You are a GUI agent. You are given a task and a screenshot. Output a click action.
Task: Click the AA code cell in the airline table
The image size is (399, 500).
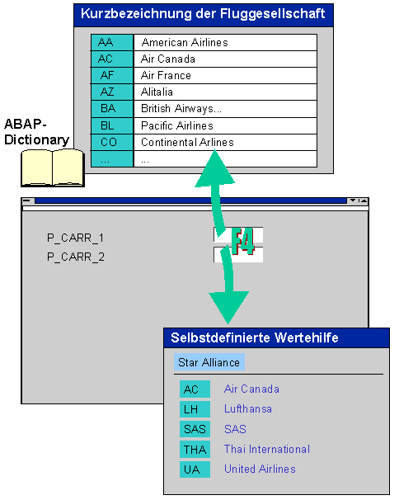click(x=112, y=42)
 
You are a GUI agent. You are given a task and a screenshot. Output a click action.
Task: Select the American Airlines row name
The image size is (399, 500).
click(x=185, y=42)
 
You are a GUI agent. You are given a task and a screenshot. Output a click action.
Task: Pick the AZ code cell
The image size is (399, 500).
click(x=112, y=92)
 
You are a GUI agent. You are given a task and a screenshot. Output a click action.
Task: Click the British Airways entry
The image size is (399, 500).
click(x=181, y=109)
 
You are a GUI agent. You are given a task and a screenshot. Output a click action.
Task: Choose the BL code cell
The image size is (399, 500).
click(x=112, y=125)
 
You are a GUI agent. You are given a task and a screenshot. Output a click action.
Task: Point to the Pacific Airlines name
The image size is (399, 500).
click(x=177, y=125)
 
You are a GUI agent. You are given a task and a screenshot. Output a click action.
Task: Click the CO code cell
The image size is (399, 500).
click(x=112, y=142)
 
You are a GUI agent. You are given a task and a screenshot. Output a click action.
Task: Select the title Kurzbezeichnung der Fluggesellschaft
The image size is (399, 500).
click(x=203, y=14)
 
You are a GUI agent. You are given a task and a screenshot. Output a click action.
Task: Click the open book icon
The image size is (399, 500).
click(x=53, y=167)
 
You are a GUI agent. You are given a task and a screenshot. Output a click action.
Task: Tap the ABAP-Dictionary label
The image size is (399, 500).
click(x=36, y=132)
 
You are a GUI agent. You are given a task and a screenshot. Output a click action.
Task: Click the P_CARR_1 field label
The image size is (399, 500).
click(x=76, y=238)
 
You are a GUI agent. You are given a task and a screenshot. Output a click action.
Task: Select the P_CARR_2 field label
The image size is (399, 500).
click(x=76, y=257)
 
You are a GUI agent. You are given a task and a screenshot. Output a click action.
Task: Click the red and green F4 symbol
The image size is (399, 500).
click(x=242, y=241)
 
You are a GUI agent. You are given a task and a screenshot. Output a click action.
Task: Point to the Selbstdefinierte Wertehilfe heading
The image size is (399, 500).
click(x=254, y=337)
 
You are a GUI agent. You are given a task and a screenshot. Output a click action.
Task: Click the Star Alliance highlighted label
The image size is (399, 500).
click(x=209, y=362)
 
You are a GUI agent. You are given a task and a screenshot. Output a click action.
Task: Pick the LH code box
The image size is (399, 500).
click(x=195, y=409)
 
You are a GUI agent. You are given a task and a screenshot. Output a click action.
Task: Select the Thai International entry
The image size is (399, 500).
click(x=267, y=450)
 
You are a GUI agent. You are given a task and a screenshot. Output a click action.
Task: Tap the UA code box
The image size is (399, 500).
click(x=195, y=469)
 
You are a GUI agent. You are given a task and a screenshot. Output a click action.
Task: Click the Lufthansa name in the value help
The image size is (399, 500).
click(x=248, y=408)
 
